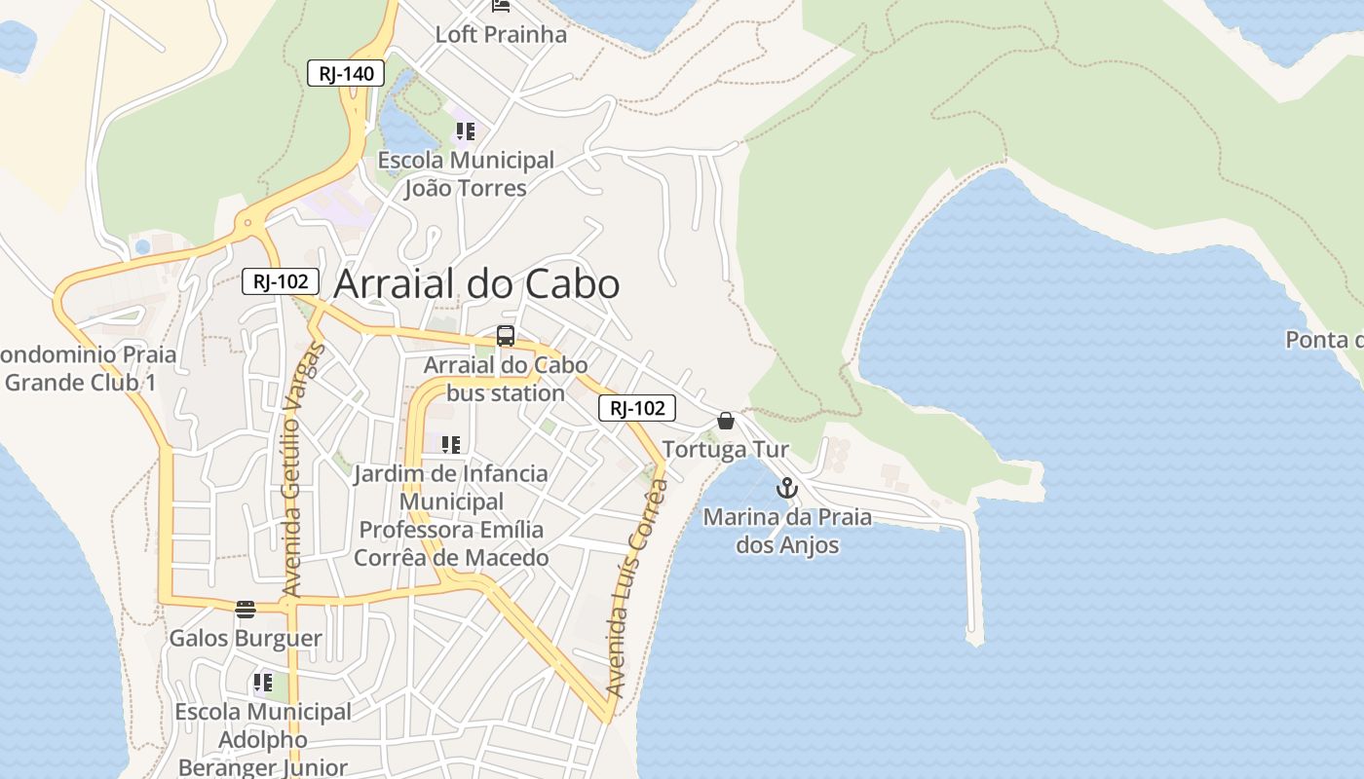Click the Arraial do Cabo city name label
click(476, 284)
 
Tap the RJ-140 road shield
click(346, 73)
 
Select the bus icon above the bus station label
click(505, 336)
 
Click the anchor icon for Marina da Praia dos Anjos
click(786, 488)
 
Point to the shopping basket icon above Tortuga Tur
click(726, 421)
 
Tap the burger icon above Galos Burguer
click(245, 610)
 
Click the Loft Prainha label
click(501, 35)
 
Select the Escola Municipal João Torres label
click(466, 173)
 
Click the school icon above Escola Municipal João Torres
click(465, 130)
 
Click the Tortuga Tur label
click(725, 450)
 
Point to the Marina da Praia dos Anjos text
click(787, 531)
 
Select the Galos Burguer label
click(246, 639)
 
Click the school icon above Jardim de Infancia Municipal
click(450, 445)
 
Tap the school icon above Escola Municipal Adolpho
click(262, 683)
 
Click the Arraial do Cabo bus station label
click(506, 379)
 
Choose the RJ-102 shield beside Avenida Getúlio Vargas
click(281, 282)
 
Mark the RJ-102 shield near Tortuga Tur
click(636, 409)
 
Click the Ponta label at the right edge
click(1325, 340)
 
